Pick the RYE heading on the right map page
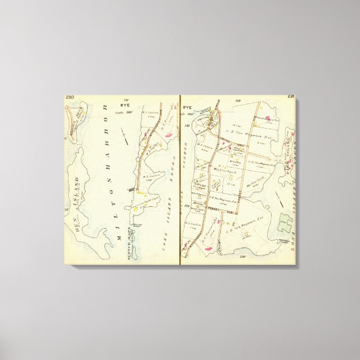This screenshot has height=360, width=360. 187,107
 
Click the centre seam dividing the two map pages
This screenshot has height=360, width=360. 180,179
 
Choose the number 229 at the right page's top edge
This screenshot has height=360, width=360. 237,101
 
